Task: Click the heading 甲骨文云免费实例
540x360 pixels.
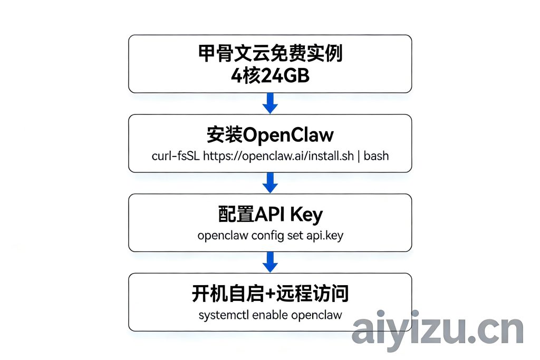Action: pos(270,54)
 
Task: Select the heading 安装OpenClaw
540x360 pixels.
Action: pos(270,135)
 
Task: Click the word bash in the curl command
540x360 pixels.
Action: pos(376,156)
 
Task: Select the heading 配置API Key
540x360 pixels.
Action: pos(270,215)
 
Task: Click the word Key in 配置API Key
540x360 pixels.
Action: pos(305,215)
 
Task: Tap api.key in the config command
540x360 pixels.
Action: pos(325,236)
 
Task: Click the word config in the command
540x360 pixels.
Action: pos(267,236)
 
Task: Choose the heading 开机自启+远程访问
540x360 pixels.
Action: pos(270,294)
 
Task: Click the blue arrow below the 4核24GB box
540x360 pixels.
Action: pos(270,103)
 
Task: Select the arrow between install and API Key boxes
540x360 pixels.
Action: pos(270,182)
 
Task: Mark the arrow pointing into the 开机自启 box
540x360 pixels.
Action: pos(270,262)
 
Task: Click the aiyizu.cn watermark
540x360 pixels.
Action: pos(437,330)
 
